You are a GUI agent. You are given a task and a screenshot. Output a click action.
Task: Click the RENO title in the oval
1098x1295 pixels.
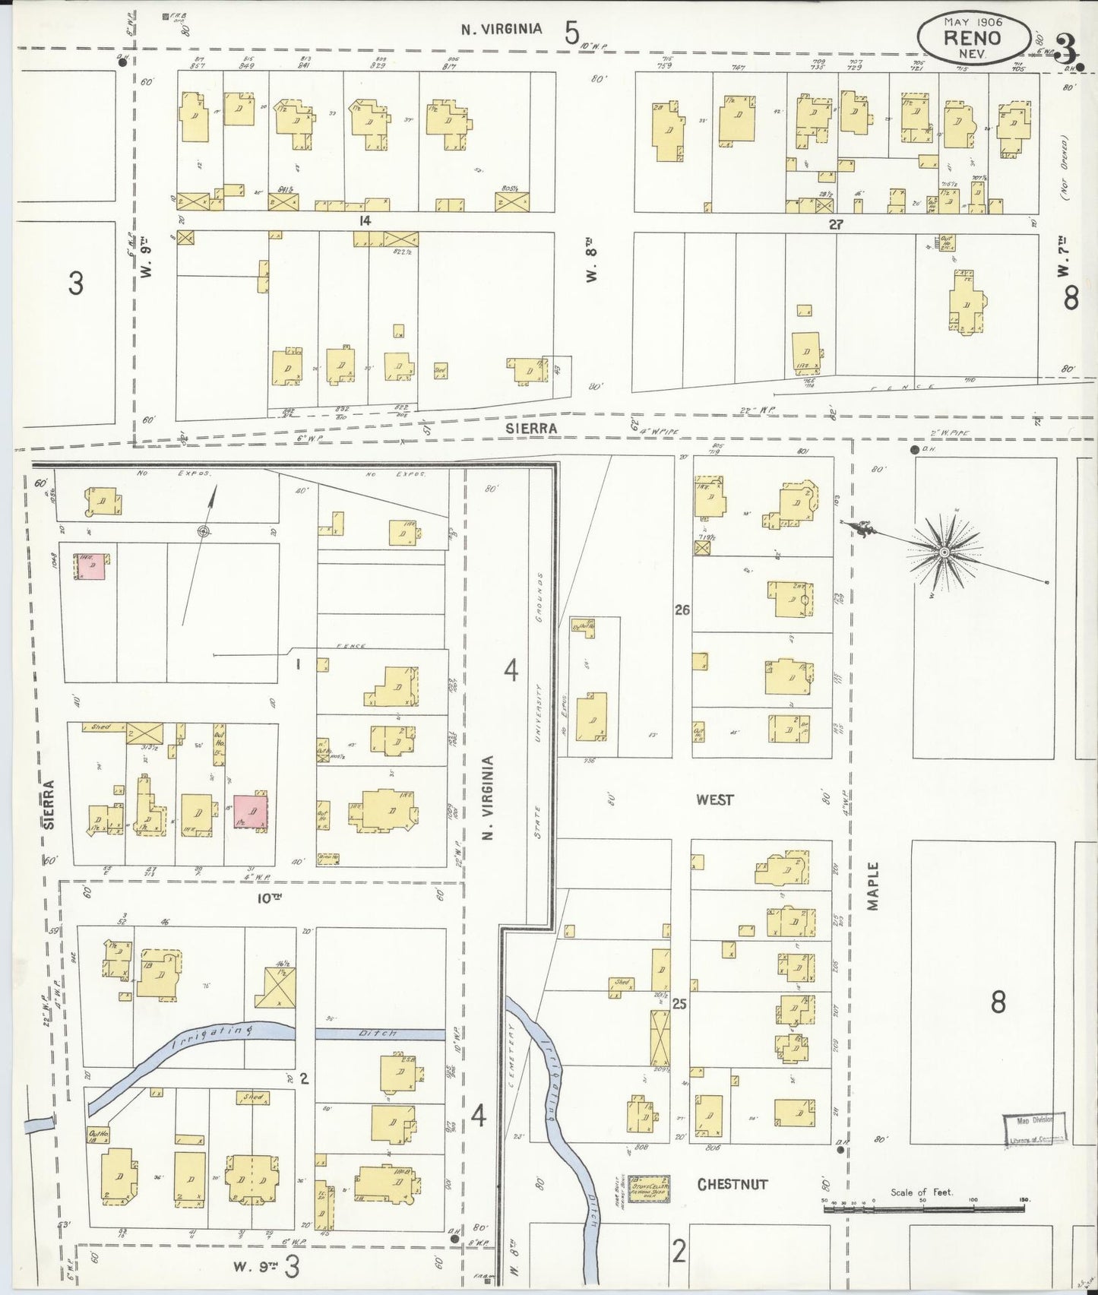[x=973, y=37]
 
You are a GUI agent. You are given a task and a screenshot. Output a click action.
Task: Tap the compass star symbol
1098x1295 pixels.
[x=943, y=552]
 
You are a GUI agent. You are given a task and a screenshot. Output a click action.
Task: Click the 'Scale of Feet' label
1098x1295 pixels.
[x=921, y=1192]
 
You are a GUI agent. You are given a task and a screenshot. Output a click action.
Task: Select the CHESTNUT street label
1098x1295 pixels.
[x=733, y=1184]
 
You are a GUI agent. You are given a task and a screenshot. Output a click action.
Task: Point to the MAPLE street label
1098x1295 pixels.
[x=873, y=886]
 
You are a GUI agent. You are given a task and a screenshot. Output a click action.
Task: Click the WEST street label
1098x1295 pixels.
[x=714, y=799]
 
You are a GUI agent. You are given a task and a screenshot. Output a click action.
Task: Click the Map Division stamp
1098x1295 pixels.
[x=1036, y=1129]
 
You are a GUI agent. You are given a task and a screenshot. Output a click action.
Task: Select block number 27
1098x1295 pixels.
[x=836, y=225]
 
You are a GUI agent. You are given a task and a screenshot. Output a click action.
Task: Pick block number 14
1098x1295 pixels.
[x=365, y=220]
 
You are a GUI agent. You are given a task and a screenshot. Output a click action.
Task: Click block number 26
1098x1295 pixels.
[x=682, y=610]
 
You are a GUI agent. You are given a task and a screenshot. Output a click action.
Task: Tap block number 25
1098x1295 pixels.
[x=679, y=1004]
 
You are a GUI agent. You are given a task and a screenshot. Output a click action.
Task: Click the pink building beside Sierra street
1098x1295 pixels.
[x=90, y=566]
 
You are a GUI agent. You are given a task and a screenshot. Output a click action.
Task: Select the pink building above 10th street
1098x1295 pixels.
[x=250, y=813]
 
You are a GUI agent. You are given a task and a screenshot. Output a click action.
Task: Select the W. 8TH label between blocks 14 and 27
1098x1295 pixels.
[x=592, y=260]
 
